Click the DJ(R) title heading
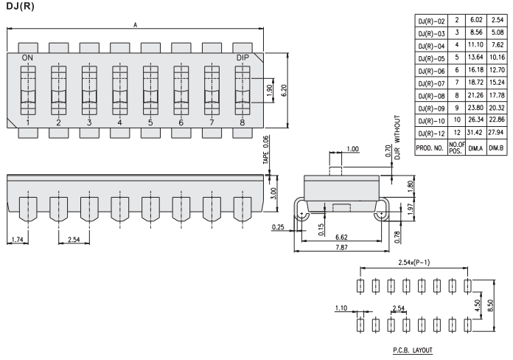click(x=19, y=7)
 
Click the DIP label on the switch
click(x=243, y=58)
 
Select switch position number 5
click(x=150, y=122)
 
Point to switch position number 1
click(x=27, y=122)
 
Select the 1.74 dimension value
click(x=20, y=240)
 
